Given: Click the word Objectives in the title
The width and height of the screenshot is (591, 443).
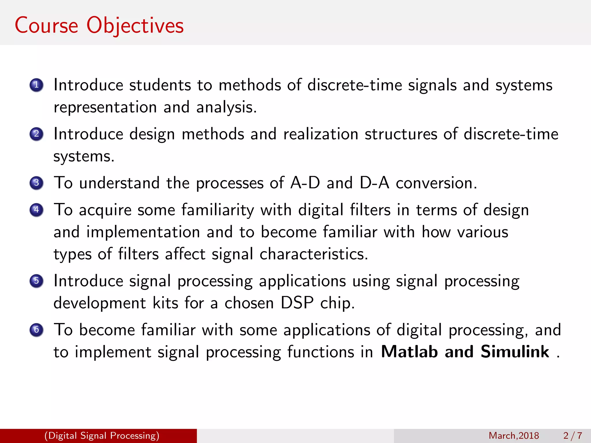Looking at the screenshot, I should pos(135,26).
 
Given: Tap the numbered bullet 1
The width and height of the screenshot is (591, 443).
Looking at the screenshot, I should pos(36,85).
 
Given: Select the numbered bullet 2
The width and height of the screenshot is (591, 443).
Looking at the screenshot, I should pos(36,134).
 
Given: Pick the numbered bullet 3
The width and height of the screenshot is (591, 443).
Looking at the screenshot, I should pos(36,183).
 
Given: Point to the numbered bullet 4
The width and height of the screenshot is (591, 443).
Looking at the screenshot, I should pos(36,210).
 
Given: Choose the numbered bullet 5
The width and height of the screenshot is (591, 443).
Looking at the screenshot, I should pos(36,281).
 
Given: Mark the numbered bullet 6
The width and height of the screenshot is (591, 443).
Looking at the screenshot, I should pos(36,330).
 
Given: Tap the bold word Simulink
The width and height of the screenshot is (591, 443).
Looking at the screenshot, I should pos(515,352).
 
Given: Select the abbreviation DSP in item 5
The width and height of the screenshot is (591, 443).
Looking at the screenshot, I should pos(297,303).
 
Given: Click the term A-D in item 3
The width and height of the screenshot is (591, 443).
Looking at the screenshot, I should pos(305,183).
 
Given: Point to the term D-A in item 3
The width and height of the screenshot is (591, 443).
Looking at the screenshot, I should pos(374,183).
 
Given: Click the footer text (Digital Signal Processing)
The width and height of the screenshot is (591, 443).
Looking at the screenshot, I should pos(102,436).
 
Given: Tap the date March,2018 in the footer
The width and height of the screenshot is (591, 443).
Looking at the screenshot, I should pos(514,436).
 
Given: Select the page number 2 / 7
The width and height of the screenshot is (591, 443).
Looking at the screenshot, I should pos(573,436).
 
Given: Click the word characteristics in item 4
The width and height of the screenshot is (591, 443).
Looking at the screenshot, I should pos(313,254).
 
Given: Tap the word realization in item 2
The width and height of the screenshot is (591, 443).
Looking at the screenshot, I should pos(321,134).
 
